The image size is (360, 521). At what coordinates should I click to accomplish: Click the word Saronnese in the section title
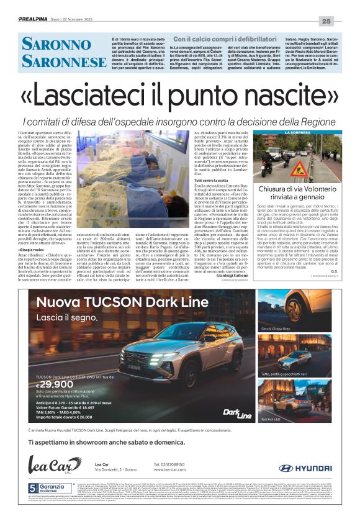(65, 61)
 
